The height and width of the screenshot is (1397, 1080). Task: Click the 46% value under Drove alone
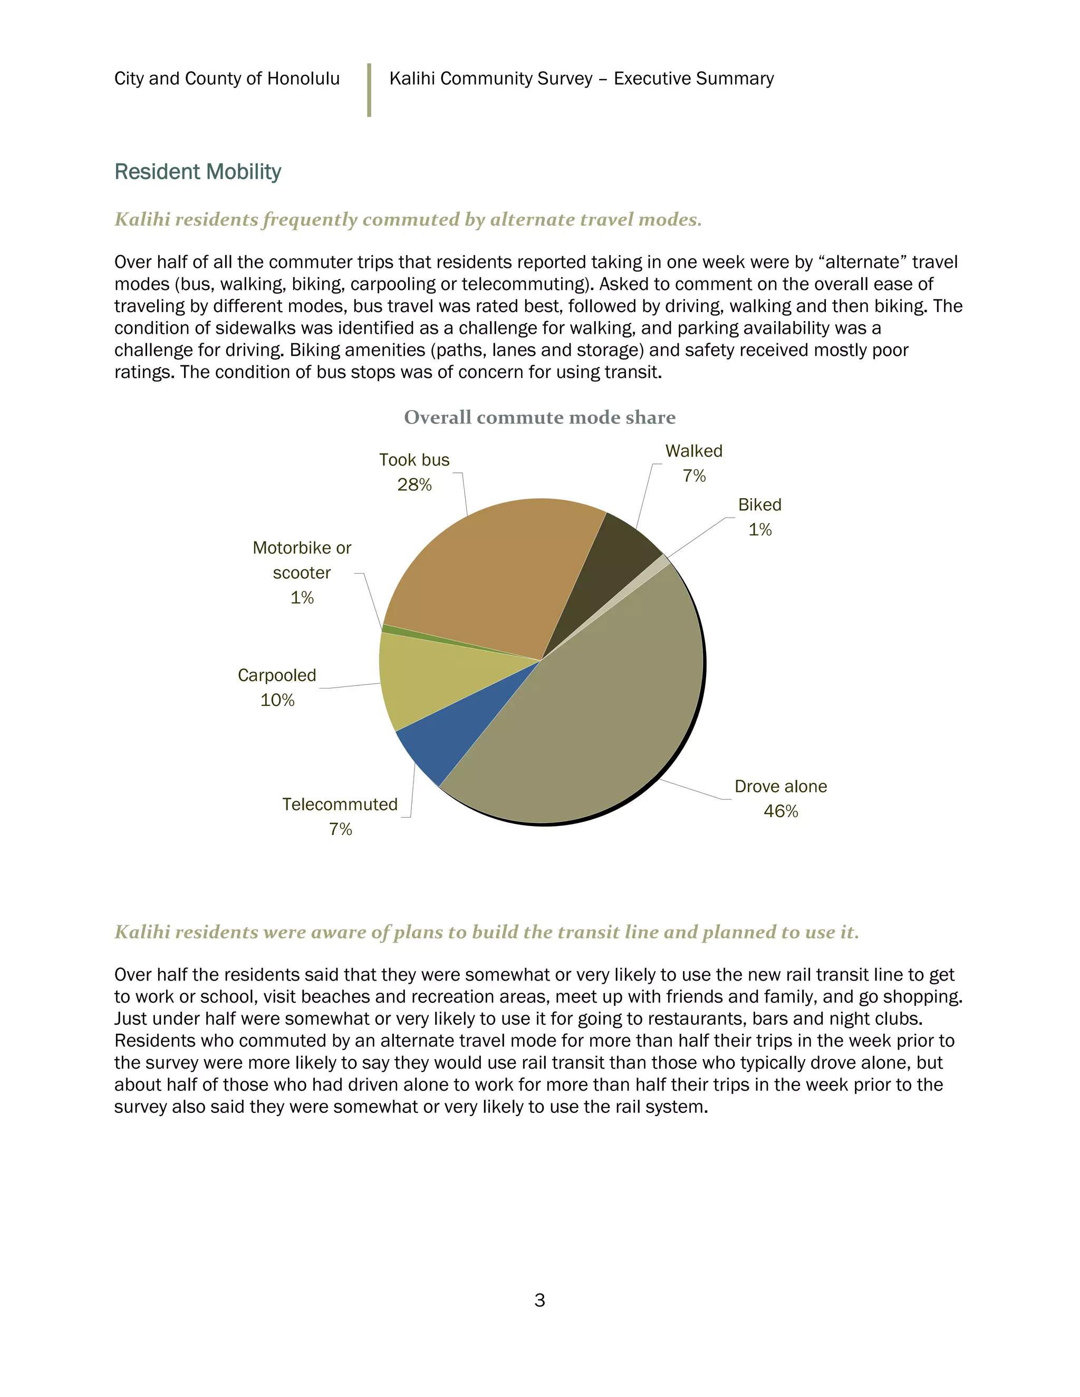click(x=780, y=811)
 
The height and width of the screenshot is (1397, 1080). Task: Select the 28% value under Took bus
click(x=414, y=485)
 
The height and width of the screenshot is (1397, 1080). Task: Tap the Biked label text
click(x=759, y=505)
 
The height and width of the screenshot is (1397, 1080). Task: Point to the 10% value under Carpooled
click(x=277, y=700)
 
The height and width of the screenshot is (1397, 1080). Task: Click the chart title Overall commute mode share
click(x=539, y=417)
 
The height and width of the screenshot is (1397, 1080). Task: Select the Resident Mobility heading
click(x=198, y=171)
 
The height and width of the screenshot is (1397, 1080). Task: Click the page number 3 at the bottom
click(x=539, y=1301)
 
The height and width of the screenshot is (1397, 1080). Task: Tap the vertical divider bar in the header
click(x=369, y=90)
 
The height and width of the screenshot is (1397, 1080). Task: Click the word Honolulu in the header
click(x=303, y=78)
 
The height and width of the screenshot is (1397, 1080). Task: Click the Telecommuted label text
click(x=340, y=804)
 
